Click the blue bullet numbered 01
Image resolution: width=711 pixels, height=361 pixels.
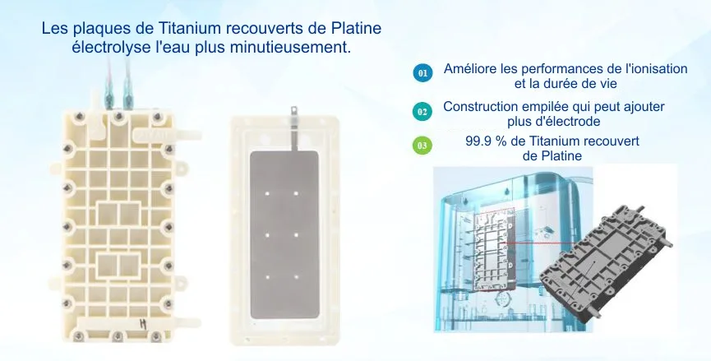tap(422, 73)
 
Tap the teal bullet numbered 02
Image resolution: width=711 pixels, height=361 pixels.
tap(422, 111)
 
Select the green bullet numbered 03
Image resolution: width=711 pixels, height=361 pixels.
tap(422, 146)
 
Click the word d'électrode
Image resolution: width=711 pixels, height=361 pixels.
tap(565, 122)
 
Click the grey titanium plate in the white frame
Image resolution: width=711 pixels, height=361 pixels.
tap(284, 234)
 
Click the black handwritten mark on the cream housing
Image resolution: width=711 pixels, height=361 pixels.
tap(142, 323)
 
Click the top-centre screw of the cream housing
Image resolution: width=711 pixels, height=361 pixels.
tap(118, 117)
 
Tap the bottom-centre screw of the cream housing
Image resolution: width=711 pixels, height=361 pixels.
tap(118, 336)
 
